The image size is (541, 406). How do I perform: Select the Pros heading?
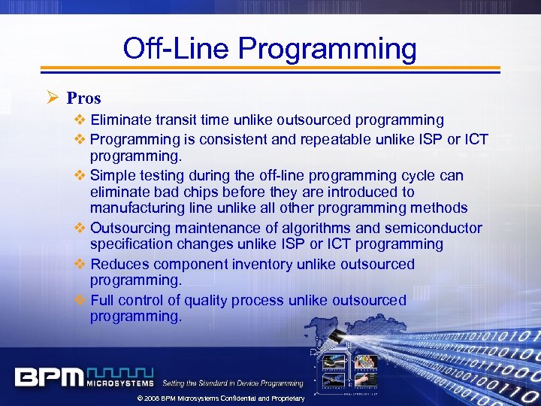point(83,98)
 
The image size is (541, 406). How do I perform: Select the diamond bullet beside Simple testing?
point(80,175)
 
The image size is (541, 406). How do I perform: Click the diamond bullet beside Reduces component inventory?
point(80,264)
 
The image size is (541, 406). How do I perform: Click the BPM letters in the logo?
point(48,377)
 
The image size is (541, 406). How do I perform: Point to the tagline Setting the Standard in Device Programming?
point(233,383)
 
